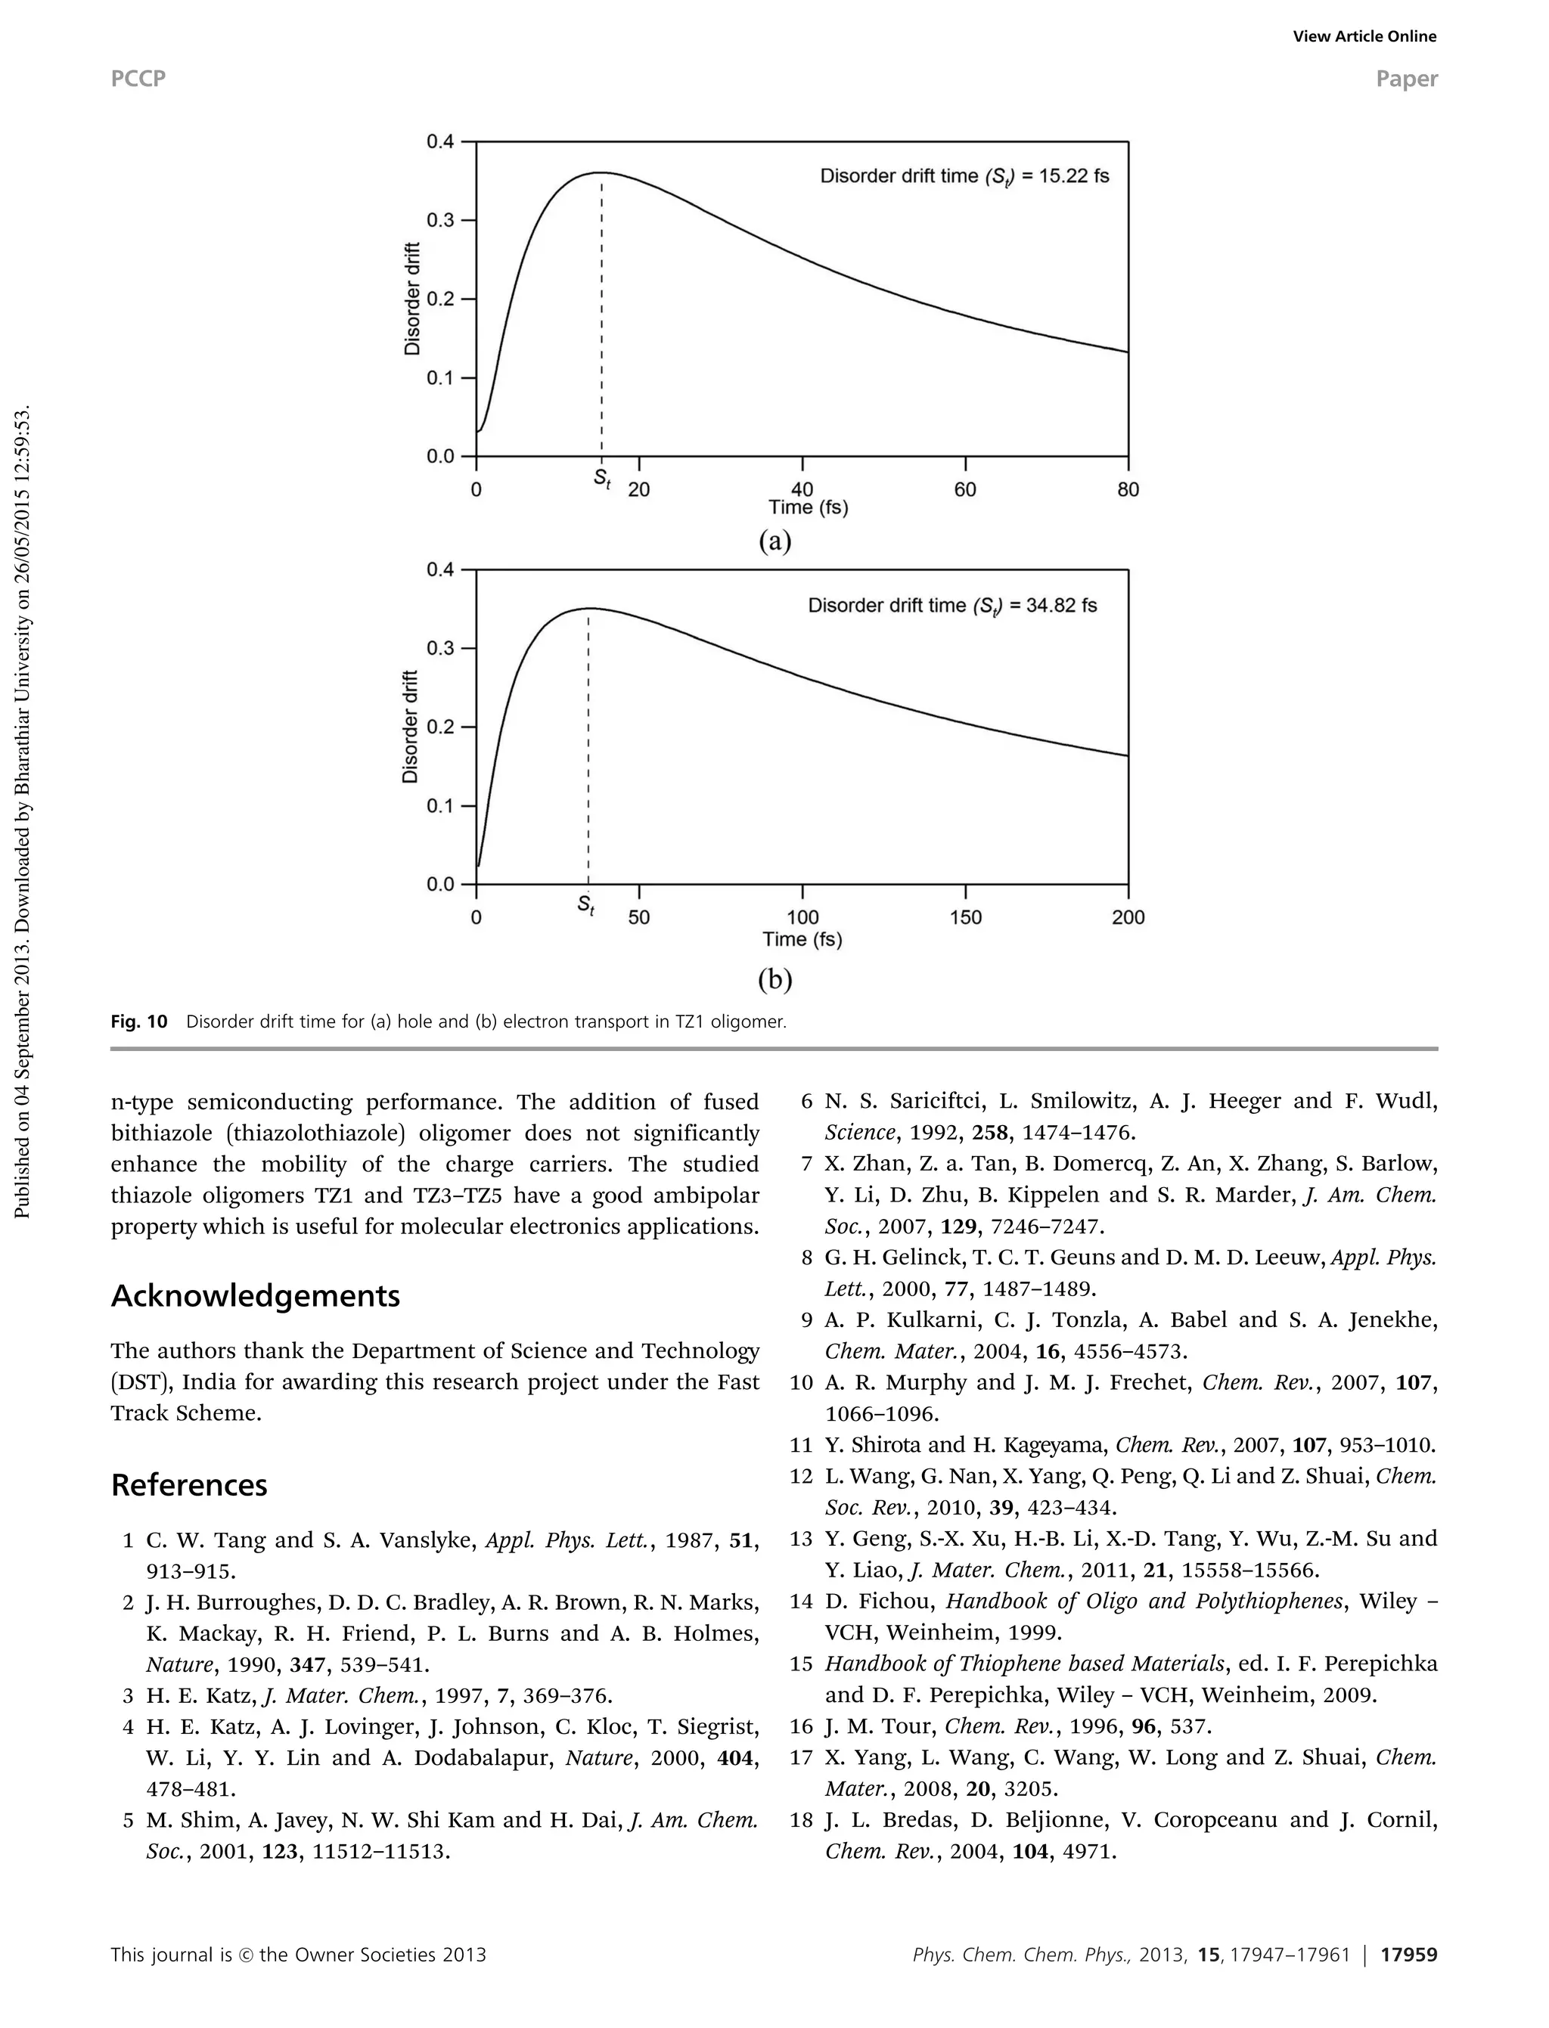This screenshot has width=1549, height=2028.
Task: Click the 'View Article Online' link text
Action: pos(1364,37)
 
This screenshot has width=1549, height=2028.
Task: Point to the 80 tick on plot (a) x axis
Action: pos(1128,489)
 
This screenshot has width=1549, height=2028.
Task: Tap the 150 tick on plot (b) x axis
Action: pos(965,917)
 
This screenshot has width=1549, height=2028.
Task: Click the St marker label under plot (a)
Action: pos(602,480)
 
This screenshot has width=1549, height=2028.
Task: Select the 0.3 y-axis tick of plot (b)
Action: pos(439,648)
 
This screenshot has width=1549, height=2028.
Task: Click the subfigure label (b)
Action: pos(774,979)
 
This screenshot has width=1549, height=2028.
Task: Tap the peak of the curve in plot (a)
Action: pos(601,172)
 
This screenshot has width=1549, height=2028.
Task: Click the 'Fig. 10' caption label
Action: pos(139,1022)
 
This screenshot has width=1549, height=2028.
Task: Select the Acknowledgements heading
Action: pos(256,1296)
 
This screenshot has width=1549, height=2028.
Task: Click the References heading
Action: pos(189,1485)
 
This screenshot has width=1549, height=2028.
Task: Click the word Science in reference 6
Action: pos(859,1133)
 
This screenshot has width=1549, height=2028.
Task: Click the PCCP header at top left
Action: pos(138,79)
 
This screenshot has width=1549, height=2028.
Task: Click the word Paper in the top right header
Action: pos(1406,79)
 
